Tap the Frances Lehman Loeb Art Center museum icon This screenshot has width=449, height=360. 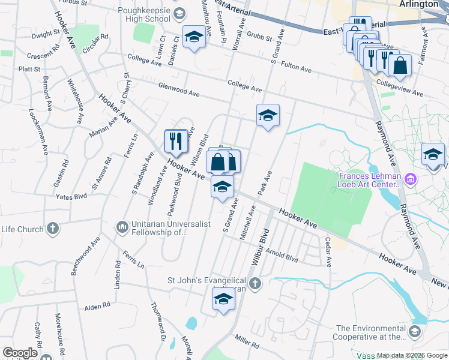pos(411,179)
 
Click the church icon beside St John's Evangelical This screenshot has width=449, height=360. pos(255,283)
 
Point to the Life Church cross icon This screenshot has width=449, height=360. pos(53,229)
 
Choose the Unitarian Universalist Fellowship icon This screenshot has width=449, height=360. pos(122,226)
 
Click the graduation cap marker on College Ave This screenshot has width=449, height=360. pos(268,116)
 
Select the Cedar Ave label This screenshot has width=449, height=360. pos(328,251)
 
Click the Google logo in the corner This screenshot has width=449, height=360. pos(20,353)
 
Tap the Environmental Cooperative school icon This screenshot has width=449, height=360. pos(415,331)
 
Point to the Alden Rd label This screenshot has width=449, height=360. pos(97,305)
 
